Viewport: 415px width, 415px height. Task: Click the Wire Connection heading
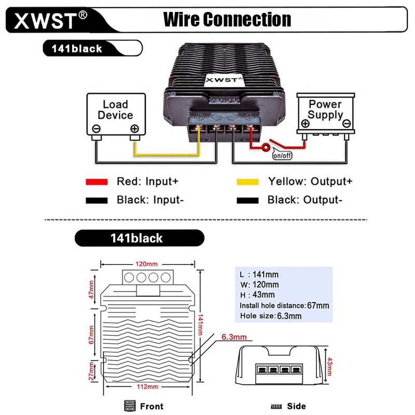[x=227, y=20]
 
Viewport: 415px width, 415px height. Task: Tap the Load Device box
[x=115, y=115]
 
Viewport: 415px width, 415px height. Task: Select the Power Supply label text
[x=325, y=109]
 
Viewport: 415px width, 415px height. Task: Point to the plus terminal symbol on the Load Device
[x=134, y=129]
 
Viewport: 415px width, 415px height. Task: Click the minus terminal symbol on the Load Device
[x=96, y=129]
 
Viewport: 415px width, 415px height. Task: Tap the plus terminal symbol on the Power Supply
[x=306, y=123]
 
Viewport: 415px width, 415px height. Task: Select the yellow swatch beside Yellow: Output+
[x=247, y=182]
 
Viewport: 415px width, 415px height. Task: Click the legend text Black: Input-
[x=150, y=200]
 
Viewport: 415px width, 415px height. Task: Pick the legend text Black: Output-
[x=305, y=200]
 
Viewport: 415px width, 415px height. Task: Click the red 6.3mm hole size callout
[x=234, y=337]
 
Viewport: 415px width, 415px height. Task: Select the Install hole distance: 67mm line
[x=284, y=306]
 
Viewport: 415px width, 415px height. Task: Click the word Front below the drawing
[x=151, y=406]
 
